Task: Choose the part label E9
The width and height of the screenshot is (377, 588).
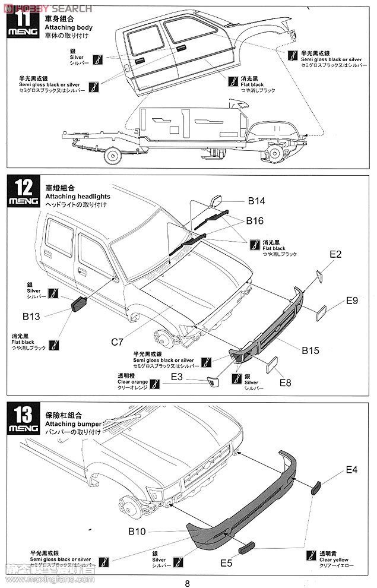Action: [x=351, y=301]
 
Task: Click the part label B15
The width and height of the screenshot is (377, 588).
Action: [x=310, y=351]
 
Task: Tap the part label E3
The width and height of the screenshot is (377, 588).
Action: [x=177, y=377]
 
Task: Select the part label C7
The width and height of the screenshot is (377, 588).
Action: [x=118, y=342]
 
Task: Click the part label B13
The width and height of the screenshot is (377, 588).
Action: [x=31, y=317]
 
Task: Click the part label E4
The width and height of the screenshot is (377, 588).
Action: [x=352, y=470]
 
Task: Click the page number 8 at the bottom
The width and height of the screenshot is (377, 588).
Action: [x=188, y=583]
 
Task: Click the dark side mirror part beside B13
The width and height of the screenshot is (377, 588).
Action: [x=79, y=305]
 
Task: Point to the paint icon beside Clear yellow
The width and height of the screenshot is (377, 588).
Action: [x=309, y=556]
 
